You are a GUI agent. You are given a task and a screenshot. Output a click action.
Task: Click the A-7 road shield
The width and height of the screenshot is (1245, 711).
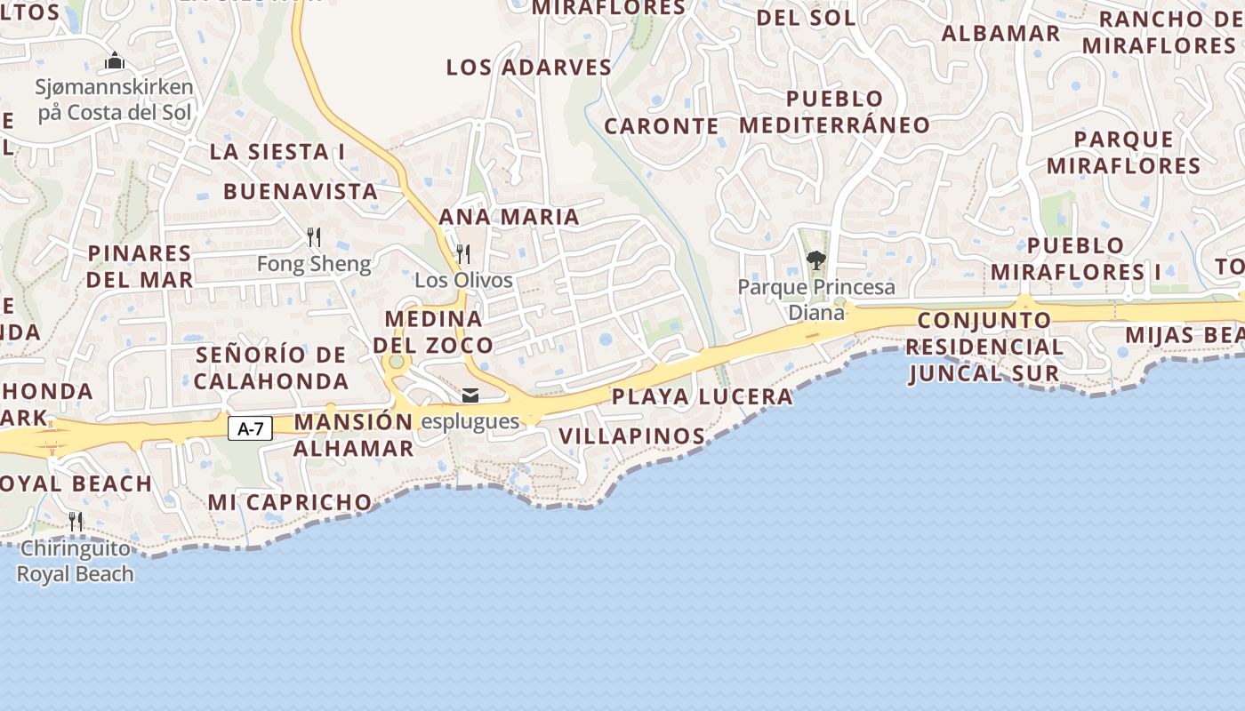click(251, 428)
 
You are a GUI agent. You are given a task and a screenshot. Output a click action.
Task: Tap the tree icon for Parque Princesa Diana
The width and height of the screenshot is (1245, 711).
click(815, 260)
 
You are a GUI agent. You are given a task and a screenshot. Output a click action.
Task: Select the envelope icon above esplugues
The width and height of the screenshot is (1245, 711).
click(470, 395)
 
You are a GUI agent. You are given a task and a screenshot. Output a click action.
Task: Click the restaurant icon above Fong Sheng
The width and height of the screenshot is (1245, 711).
click(313, 236)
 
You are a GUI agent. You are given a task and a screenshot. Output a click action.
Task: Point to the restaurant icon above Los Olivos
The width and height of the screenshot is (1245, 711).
click(462, 253)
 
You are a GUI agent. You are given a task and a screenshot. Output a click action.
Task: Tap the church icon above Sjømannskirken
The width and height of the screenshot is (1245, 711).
click(115, 61)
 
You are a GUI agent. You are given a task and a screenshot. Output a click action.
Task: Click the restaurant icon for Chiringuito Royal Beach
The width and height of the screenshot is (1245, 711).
click(76, 522)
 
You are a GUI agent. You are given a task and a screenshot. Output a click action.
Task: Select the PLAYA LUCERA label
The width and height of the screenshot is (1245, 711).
click(702, 396)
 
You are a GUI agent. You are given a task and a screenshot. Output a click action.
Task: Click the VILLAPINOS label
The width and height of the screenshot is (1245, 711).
click(632, 436)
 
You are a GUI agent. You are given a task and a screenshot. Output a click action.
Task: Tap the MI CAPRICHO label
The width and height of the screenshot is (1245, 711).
click(290, 502)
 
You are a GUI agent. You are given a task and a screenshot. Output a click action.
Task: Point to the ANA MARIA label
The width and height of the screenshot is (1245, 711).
click(509, 217)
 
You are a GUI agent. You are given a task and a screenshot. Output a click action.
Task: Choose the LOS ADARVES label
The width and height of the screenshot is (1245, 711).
click(529, 68)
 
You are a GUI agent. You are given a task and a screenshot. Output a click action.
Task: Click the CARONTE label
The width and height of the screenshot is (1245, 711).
click(662, 126)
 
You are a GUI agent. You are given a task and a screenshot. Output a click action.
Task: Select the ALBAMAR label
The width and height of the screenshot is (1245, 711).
click(1000, 34)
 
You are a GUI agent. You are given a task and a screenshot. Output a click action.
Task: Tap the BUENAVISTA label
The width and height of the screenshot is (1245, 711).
click(301, 191)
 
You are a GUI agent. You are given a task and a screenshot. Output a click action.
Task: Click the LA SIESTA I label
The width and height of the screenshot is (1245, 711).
click(277, 152)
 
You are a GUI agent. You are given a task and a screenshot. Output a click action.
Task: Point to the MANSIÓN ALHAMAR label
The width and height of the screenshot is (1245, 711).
click(354, 435)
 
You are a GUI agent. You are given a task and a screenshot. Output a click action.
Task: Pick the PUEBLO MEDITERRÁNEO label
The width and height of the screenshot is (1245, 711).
click(834, 112)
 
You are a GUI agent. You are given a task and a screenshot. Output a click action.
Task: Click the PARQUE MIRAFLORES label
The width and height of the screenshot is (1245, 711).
click(1123, 152)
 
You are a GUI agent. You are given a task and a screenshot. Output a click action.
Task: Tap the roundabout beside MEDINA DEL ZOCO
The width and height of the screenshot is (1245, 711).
click(396, 362)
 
